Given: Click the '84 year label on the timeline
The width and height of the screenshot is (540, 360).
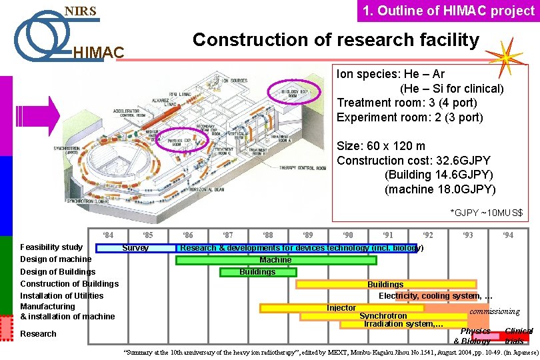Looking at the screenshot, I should tap(107, 235).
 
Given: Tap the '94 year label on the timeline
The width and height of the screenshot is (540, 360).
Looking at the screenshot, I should tap(508, 235).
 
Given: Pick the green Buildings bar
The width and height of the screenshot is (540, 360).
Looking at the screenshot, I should tap(257, 272).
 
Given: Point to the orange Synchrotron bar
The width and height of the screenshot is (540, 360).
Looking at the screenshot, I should tap(383, 316).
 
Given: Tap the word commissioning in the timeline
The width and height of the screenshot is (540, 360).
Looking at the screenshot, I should tap(495, 311).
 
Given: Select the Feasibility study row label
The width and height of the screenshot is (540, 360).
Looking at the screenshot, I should tap(51, 247).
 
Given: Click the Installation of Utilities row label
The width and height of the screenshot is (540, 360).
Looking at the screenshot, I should tap(62, 295).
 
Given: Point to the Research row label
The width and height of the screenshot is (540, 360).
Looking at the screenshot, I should tap(39, 333).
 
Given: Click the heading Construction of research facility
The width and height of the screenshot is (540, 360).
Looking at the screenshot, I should tap(335, 40).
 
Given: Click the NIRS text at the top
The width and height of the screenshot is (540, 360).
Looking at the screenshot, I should tap(80, 11).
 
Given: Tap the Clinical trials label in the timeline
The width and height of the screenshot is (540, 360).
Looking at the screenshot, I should tap(518, 335).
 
